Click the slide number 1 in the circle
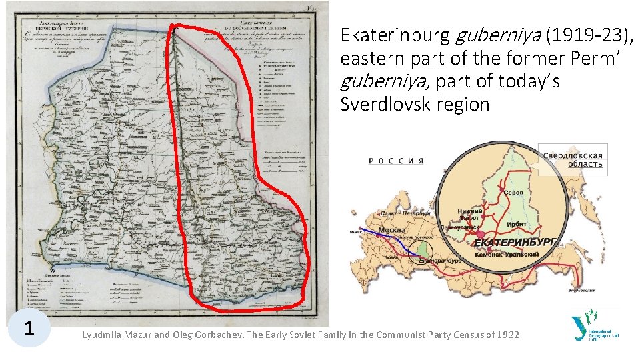point(29,328)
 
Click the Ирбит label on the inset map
point(517,224)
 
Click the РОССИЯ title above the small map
point(396,161)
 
